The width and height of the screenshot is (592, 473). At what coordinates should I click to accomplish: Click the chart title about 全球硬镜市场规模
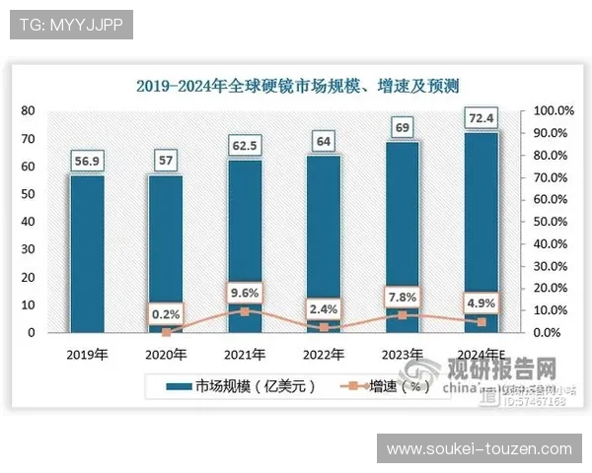pyautogui.click(x=297, y=86)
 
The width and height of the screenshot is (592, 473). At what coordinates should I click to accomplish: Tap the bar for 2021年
pyautogui.click(x=245, y=245)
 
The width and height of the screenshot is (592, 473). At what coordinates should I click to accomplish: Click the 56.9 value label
pyautogui.click(x=87, y=161)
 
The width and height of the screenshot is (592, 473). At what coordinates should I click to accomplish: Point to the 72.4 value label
pyautogui.click(x=481, y=119)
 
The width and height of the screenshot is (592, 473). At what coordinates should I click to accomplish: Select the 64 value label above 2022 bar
pyautogui.click(x=324, y=141)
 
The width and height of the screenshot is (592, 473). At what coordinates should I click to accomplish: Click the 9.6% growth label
pyautogui.click(x=245, y=292)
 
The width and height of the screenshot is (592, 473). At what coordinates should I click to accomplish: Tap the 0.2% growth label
pyautogui.click(x=166, y=314)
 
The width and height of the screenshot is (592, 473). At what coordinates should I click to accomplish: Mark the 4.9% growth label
pyautogui.click(x=481, y=303)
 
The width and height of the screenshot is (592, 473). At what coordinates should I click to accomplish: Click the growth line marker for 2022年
pyautogui.click(x=324, y=327)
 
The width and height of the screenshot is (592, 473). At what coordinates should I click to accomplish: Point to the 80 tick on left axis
pyautogui.click(x=29, y=110)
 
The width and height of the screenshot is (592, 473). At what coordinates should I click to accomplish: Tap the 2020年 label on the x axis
pyautogui.click(x=166, y=354)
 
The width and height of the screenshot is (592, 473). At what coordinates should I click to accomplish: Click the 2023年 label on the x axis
pyautogui.click(x=403, y=354)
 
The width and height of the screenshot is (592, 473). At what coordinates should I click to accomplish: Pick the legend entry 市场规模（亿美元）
pyautogui.click(x=241, y=387)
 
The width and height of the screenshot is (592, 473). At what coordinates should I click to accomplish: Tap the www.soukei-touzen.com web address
pyautogui.click(x=479, y=449)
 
